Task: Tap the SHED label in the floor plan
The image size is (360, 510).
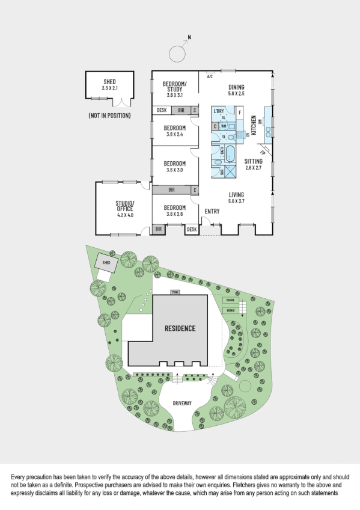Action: click(109, 82)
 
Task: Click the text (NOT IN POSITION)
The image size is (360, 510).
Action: click(109, 115)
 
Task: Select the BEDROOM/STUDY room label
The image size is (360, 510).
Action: click(175, 86)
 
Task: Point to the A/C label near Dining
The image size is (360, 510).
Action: click(210, 77)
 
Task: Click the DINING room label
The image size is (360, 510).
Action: click(236, 87)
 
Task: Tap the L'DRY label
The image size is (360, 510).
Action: click(218, 112)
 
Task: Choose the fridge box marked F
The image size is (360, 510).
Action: click(240, 112)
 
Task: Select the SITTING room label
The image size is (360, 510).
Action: click(253, 161)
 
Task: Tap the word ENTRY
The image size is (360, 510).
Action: click(212, 211)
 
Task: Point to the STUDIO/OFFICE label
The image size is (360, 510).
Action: click(124, 206)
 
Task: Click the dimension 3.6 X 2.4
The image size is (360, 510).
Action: click(175, 134)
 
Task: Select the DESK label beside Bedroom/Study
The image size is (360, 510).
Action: click(162, 110)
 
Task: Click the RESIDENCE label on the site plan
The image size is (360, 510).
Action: click(180, 328)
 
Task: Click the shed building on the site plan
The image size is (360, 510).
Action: click(105, 263)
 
